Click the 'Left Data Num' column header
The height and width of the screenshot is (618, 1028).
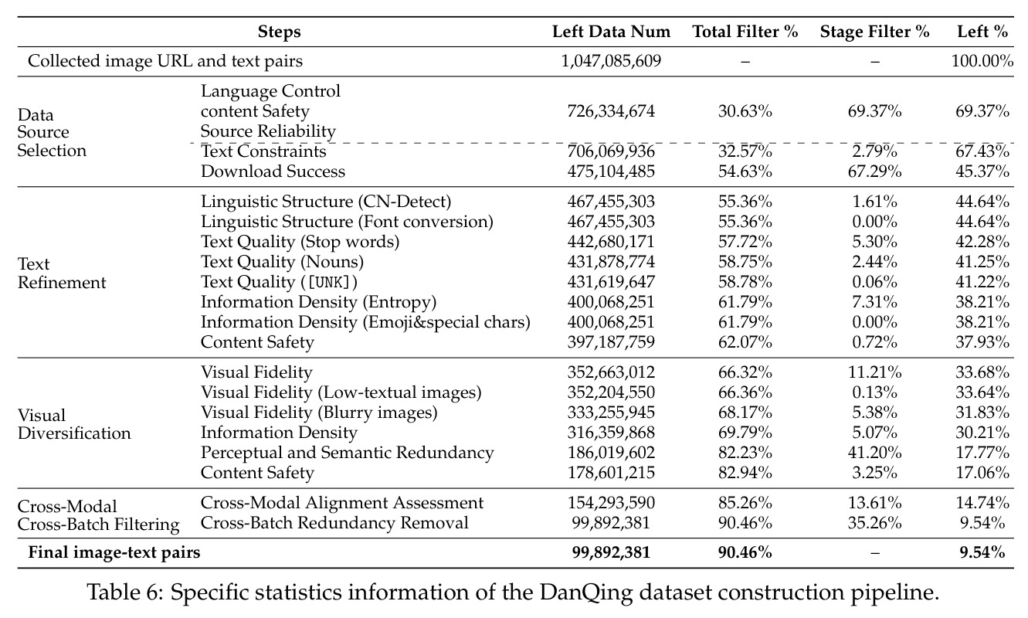pos(611,32)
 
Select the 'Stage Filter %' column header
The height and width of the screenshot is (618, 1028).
pos(874,32)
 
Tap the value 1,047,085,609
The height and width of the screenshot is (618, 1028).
pos(611,61)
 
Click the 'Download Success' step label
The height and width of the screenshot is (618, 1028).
pos(273,171)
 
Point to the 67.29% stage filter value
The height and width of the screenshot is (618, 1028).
pos(874,171)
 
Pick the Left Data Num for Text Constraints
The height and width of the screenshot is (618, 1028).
pos(611,151)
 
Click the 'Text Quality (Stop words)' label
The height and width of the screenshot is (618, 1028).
pos(300,242)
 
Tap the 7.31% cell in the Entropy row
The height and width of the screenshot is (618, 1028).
pos(874,302)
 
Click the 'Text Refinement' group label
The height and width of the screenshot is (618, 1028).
pos(62,273)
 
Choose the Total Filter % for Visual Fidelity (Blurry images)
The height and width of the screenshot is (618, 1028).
pos(745,413)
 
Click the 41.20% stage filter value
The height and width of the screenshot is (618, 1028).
pos(874,453)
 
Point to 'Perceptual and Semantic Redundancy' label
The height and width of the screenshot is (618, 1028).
pos(347,453)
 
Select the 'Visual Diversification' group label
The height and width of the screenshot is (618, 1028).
pos(74,424)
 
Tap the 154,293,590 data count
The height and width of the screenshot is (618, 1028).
pos(611,503)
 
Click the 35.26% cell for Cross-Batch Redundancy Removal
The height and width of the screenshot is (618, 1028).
pos(874,523)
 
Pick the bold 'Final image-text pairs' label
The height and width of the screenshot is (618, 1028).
pos(114,552)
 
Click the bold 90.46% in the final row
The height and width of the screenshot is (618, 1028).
pos(745,552)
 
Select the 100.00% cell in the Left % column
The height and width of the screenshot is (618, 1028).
pos(982,61)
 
